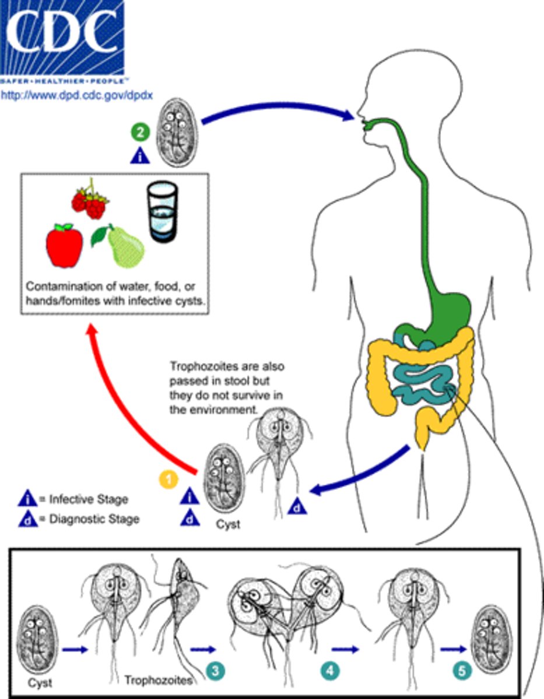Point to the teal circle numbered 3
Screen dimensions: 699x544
click(215, 670)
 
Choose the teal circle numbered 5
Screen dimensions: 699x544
click(462, 670)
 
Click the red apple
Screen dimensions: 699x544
click(65, 245)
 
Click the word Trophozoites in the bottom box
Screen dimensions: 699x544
click(157, 680)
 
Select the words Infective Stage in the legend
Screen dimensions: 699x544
click(88, 499)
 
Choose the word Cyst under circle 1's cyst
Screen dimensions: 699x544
click(227, 524)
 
